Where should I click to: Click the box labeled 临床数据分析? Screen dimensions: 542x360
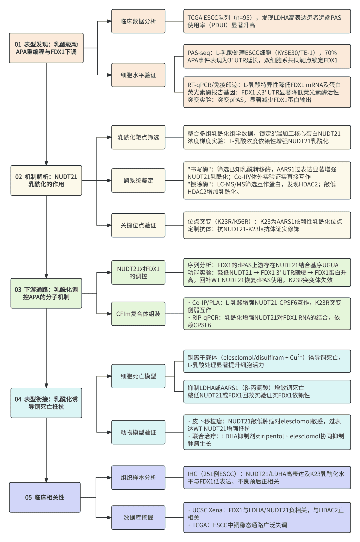pyautogui.click(x=138, y=21)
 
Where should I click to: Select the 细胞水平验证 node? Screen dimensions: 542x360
pyautogui.click(x=138, y=75)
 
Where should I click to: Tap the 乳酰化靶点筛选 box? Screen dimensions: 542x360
pyautogui.click(x=138, y=137)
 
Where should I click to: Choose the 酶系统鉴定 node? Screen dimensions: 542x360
pyautogui.click(x=138, y=180)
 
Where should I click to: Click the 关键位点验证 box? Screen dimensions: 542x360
pyautogui.click(x=138, y=225)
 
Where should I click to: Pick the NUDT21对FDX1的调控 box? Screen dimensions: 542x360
pyautogui.click(x=138, y=272)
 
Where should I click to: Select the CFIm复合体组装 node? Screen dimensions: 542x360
pyautogui.click(x=138, y=314)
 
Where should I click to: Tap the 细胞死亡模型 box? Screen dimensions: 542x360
pyautogui.click(x=138, y=376)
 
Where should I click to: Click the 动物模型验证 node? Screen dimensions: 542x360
pyautogui.click(x=138, y=432)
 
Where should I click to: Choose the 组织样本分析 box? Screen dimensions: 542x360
pyautogui.click(x=138, y=478)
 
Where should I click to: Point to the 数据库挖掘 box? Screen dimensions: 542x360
pyautogui.click(x=138, y=517)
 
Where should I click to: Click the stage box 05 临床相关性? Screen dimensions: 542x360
pyautogui.click(x=45, y=497)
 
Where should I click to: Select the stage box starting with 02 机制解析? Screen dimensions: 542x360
pyautogui.click(x=46, y=180)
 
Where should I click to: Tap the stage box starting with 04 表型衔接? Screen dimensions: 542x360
pyautogui.click(x=46, y=403)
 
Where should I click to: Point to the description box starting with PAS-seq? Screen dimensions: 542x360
pyautogui.click(x=267, y=56)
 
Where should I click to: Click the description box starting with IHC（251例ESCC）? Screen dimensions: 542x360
pyautogui.click(x=267, y=478)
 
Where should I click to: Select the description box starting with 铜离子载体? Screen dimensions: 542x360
pyautogui.click(x=267, y=361)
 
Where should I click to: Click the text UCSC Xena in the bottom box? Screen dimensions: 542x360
pyautogui.click(x=206, y=510)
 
